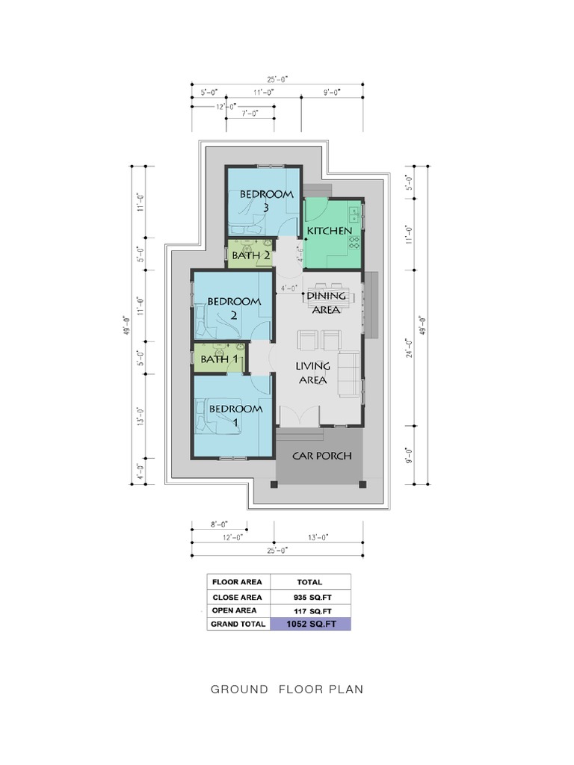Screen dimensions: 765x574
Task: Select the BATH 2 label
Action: tap(250, 255)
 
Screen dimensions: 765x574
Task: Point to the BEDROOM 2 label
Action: tap(233, 308)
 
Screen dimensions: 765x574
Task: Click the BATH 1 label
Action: tap(220, 359)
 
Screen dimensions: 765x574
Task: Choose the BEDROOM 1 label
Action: tap(235, 415)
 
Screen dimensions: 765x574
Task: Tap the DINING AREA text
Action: tap(326, 302)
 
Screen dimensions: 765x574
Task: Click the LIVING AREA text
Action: tap(312, 373)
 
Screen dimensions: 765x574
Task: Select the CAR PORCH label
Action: tap(321, 456)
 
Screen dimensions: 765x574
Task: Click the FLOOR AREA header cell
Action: tap(237, 582)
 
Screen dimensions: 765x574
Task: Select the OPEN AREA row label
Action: tap(237, 610)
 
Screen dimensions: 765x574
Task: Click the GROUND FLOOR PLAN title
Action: tap(287, 689)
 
